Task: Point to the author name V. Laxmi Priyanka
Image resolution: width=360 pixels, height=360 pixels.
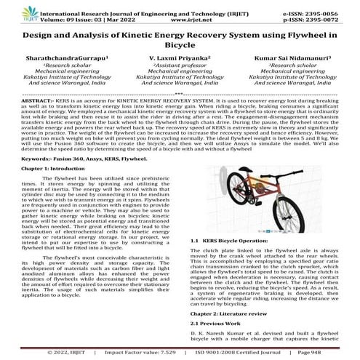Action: point(178,55)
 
